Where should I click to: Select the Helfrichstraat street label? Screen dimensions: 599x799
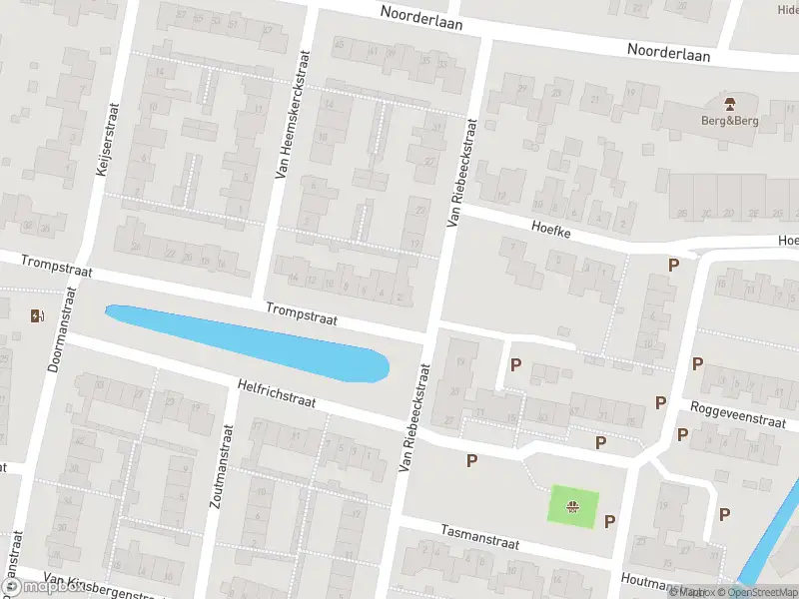277,392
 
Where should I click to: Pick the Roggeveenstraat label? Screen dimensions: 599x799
743,414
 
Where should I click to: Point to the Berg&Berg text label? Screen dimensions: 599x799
730,121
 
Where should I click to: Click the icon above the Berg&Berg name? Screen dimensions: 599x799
730,103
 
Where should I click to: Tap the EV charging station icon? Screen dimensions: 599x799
38,316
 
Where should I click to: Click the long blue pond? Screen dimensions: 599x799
250,340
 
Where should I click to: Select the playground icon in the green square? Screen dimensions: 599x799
573,506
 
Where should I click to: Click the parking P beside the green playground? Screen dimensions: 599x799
609,520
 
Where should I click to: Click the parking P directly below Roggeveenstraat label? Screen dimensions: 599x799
682,434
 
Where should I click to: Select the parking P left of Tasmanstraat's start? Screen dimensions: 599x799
471,460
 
